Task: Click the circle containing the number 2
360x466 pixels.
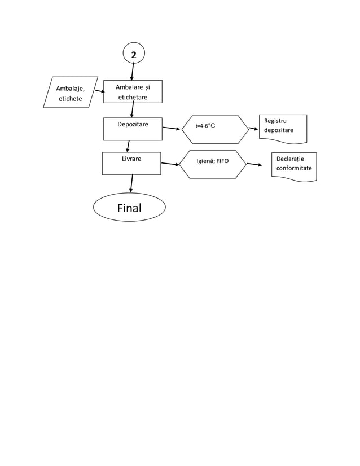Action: point(133,54)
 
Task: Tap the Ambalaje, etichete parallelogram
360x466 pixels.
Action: point(71,93)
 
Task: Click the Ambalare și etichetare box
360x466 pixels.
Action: point(133,92)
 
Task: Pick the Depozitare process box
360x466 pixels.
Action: point(133,129)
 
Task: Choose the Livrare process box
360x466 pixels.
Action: point(131,163)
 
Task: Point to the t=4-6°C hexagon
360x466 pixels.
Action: point(215,130)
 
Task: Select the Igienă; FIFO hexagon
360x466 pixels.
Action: point(213,164)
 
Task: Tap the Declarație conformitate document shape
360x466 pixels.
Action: point(293,166)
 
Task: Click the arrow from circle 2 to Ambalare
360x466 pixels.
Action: point(132,72)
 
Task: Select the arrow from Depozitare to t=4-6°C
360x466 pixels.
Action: point(171,129)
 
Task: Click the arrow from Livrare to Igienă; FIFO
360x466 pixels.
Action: point(170,164)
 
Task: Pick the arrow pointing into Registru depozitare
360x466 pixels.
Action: point(253,128)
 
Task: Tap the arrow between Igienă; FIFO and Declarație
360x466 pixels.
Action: point(254,165)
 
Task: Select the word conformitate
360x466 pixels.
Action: point(293,169)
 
